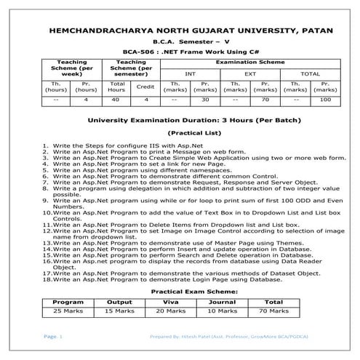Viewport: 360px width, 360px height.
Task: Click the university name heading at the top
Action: (x=179, y=32)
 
